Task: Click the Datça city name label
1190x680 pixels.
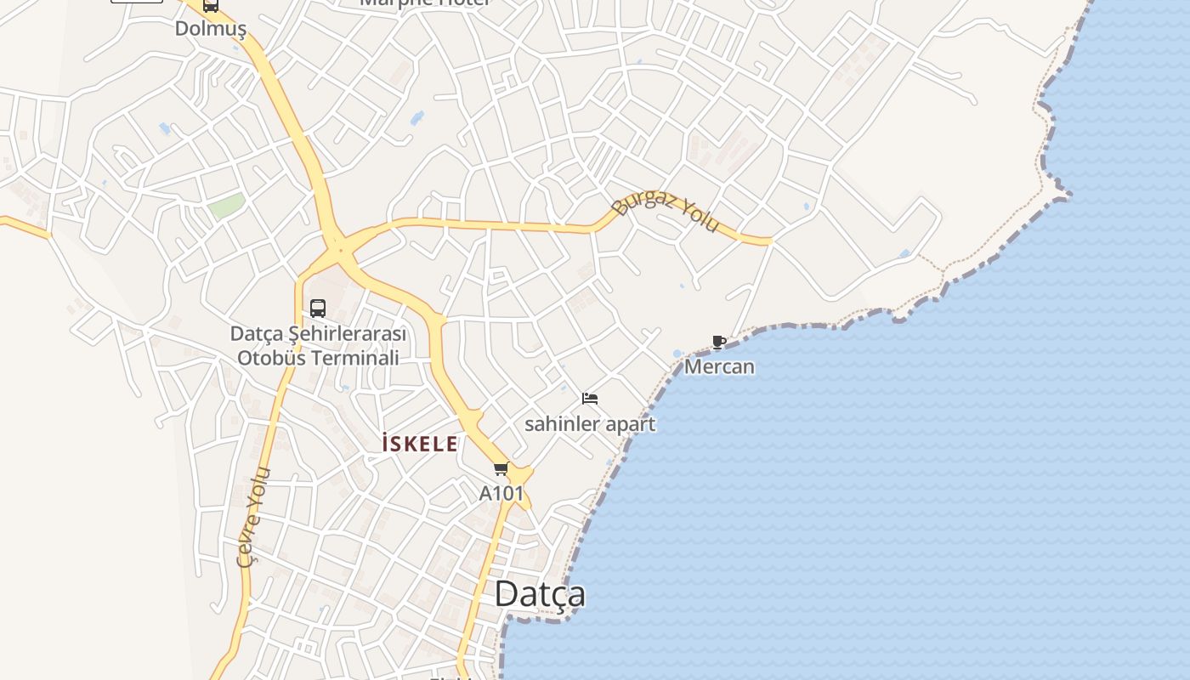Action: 540,594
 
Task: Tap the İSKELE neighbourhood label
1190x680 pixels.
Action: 420,444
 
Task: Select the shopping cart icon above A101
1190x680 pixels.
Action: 501,469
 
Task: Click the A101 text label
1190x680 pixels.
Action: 501,493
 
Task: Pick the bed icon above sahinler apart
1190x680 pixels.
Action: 590,398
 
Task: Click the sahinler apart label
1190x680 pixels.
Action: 590,423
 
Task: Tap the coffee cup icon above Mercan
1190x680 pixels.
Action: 719,342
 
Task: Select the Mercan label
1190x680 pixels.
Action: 719,367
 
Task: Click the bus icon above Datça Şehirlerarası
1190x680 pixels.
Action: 318,308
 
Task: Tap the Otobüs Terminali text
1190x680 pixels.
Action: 318,357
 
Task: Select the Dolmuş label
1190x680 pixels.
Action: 210,29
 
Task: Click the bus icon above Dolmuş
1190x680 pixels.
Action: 210,6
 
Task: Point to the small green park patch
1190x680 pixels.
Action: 227,206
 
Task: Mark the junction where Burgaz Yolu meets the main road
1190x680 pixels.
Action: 339,247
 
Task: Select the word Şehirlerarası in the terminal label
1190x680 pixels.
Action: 346,333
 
